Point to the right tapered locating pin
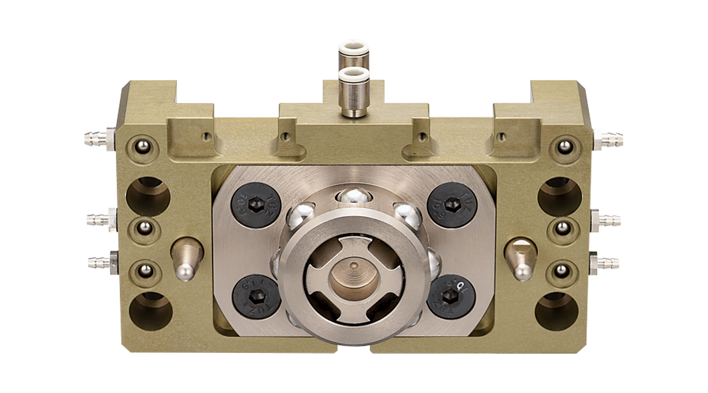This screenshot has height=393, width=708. click(520, 260)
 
